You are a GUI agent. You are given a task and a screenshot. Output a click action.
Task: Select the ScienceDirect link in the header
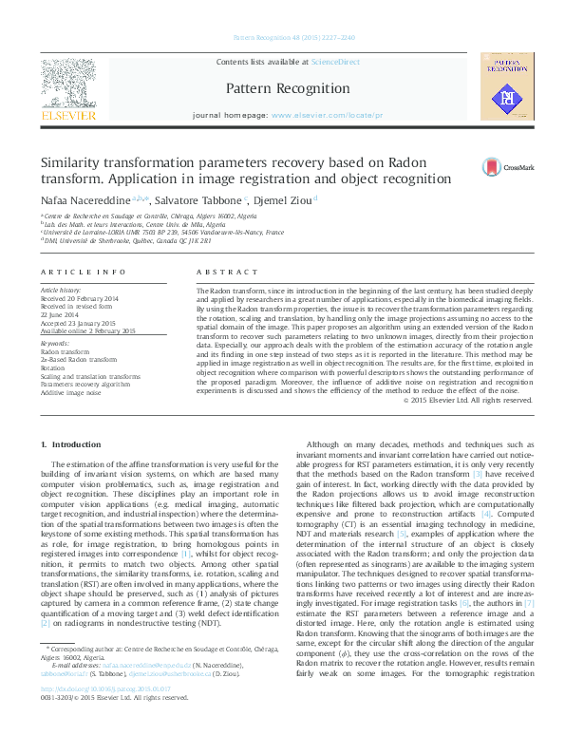pyautogui.click(x=335, y=61)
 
